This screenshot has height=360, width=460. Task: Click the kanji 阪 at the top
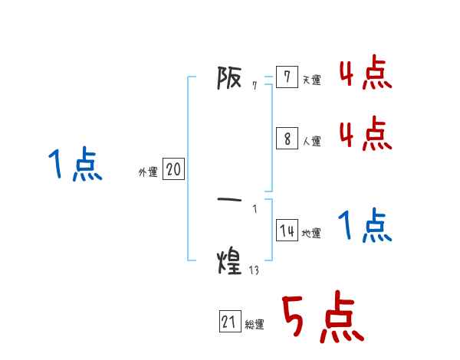tap(229, 77)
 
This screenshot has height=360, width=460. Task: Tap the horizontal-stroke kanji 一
tap(229, 200)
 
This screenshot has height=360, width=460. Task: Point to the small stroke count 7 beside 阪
tap(255, 86)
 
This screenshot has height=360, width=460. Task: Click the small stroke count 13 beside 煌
tap(254, 270)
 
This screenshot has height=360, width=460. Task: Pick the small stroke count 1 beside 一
tap(255, 209)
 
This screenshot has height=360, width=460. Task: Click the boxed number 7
tap(287, 77)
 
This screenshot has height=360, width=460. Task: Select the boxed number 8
tap(287, 139)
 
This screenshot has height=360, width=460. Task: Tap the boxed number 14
tap(287, 230)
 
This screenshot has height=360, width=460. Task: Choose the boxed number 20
tap(173, 169)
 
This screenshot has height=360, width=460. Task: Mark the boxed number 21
tap(230, 321)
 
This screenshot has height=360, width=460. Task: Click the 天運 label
tap(311, 80)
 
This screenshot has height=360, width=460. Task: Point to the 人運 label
tap(311, 141)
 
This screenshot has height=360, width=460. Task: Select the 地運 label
tap(311, 233)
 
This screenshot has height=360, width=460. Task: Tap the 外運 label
tap(148, 172)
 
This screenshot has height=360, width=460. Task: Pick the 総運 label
tap(255, 324)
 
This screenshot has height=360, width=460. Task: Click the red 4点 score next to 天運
tap(366, 71)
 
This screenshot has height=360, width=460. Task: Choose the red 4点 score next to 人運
tap(366, 133)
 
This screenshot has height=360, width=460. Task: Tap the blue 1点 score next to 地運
tap(365, 225)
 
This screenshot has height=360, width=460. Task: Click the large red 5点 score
tap(324, 316)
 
